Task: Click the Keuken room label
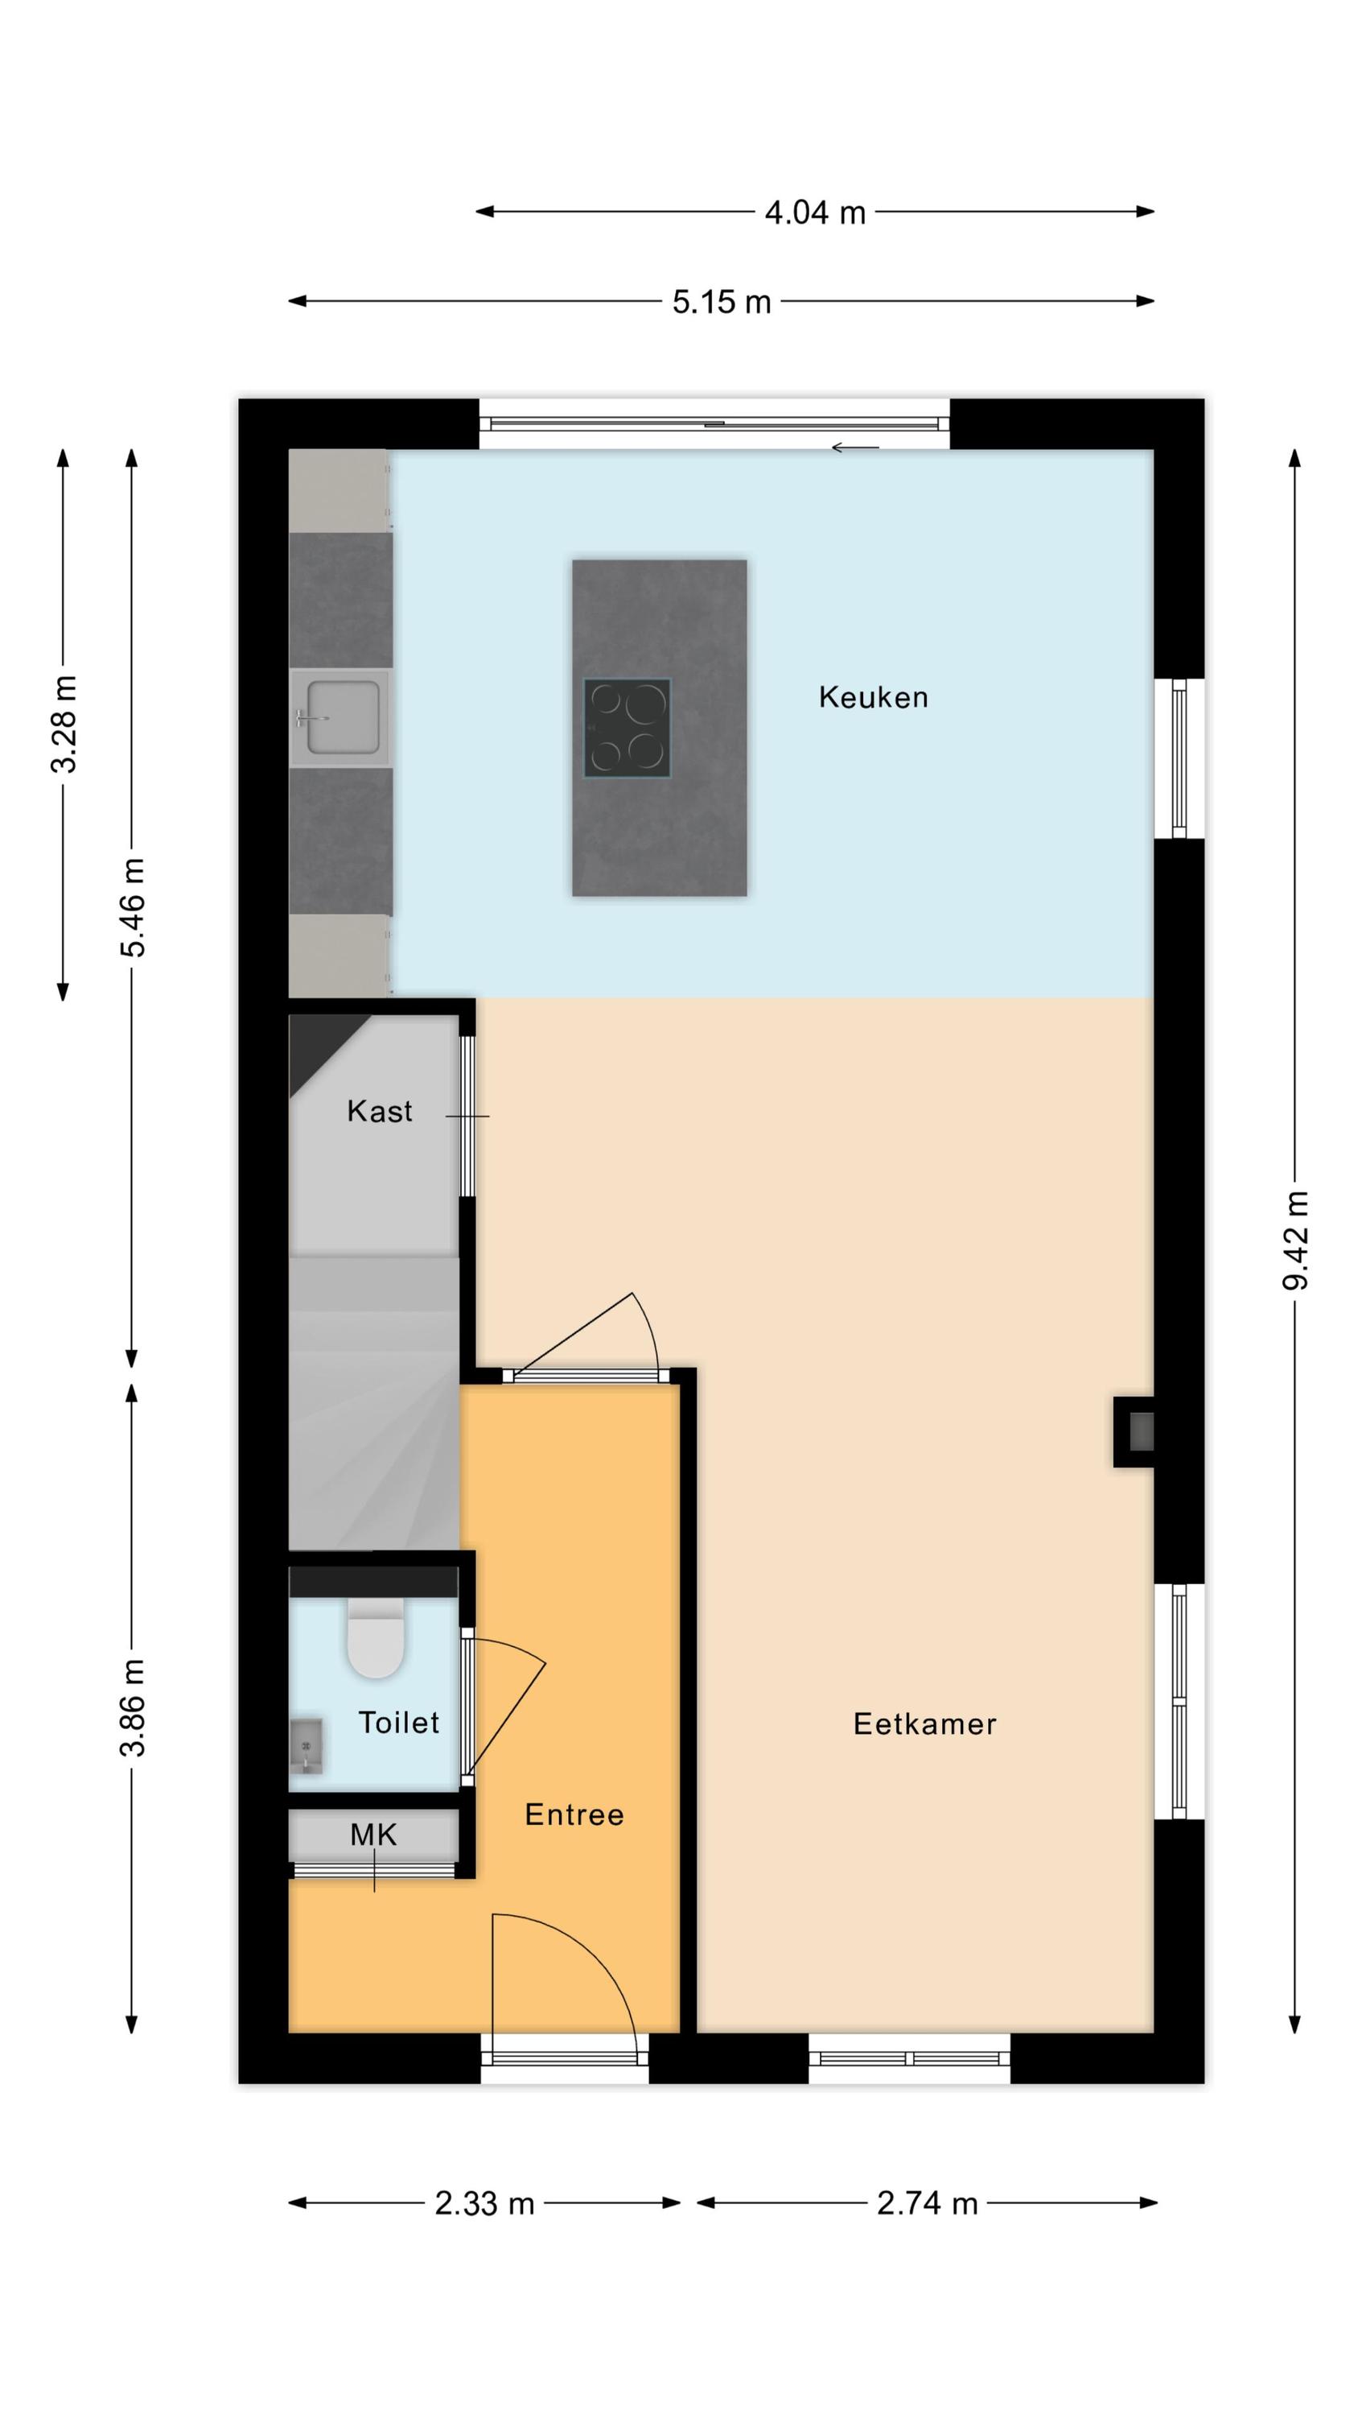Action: pos(873,696)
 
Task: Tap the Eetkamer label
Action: pos(924,1724)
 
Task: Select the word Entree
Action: pos(574,1814)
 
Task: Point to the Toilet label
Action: pos(398,1722)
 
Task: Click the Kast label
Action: pos(380,1111)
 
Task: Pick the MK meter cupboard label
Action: pos(373,1835)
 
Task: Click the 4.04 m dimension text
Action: pos(814,213)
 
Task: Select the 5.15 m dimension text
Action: pos(722,302)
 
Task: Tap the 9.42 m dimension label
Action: pos(1294,1241)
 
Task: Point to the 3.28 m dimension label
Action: pos(64,724)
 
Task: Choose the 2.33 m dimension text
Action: pos(484,2203)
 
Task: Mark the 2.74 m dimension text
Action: pos(927,2203)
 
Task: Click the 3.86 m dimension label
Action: pos(132,1707)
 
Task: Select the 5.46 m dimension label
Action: pos(132,906)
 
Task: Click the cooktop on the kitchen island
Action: pos(627,729)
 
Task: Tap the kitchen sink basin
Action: pos(343,717)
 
